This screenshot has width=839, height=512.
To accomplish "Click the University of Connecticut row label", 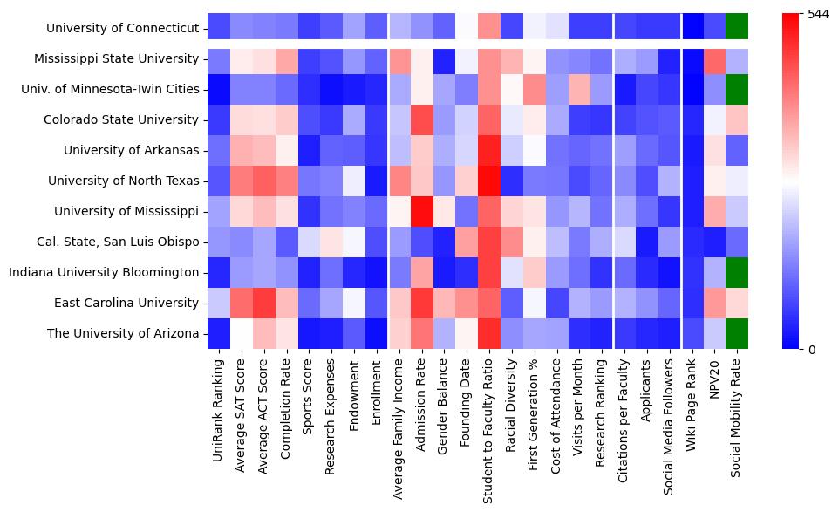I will (123, 28).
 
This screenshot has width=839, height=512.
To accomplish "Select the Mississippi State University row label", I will (117, 58).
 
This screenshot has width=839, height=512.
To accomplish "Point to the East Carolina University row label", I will (126, 303).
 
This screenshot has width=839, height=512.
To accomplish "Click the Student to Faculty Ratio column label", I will (490, 423).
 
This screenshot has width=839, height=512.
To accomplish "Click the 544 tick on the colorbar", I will (819, 15).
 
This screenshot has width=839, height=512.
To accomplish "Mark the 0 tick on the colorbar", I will (812, 350).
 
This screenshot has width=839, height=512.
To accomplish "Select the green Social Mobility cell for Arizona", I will (738, 333).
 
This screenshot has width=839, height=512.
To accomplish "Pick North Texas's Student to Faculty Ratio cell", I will (490, 181).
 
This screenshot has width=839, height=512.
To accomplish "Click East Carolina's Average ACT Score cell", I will (263, 303).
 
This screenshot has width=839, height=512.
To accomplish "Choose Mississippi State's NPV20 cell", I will (715, 58).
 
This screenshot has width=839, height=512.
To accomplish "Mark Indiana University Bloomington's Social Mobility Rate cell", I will (738, 272).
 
